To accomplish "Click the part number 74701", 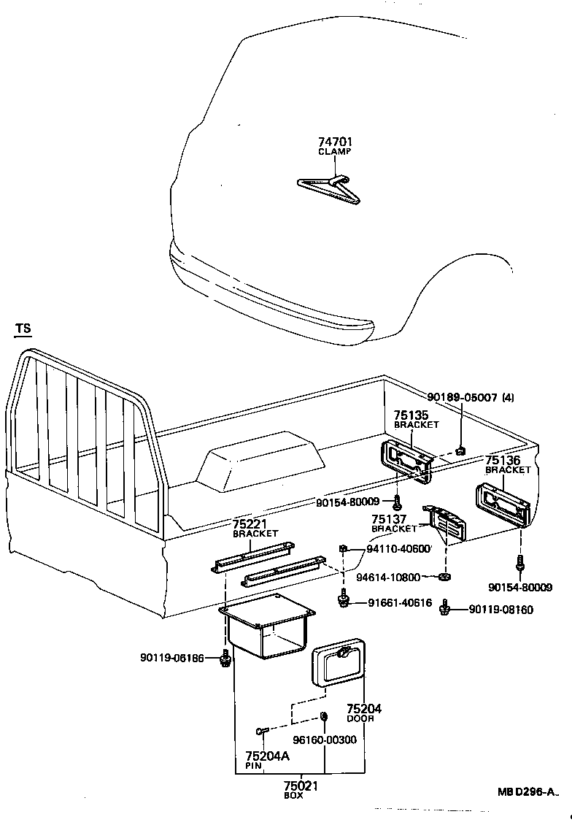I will [334, 142].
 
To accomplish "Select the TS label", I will [23, 329].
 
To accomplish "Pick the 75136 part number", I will [503, 461].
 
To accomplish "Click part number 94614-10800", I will [388, 577].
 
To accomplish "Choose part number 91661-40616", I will [400, 603].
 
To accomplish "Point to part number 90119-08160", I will [500, 610].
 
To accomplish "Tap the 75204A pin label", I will [267, 756].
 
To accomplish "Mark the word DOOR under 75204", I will [361, 719].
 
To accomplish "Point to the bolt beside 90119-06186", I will [224, 660].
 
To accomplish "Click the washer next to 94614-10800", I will [444, 577].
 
